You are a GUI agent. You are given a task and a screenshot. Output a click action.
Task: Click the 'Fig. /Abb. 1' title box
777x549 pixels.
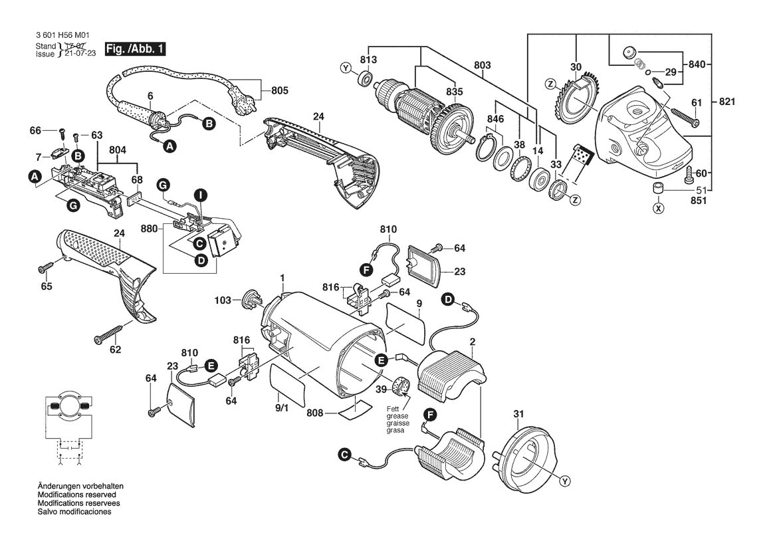pos(135,49)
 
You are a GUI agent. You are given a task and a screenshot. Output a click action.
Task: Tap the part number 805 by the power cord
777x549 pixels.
pos(279,90)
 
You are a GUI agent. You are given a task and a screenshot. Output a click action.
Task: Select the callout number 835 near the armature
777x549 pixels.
pos(454,92)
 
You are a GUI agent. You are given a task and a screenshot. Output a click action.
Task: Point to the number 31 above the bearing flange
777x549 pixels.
pos(518,414)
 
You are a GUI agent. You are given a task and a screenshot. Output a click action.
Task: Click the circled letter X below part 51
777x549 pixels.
pos(658,209)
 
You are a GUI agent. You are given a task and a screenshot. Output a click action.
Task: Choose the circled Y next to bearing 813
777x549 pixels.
pos(346,68)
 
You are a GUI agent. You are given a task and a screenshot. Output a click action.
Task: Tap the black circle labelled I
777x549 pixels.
pos(200,195)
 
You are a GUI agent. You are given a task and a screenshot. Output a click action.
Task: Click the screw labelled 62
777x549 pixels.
pos(108,334)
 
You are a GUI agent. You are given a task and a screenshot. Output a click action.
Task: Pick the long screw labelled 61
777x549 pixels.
pos(683,115)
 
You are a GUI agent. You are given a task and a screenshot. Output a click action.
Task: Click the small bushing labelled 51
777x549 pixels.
pos(657,189)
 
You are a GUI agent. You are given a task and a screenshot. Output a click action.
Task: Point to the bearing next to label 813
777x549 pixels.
pos(366,78)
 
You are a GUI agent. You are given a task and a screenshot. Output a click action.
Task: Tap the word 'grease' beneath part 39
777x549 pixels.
pos(398,416)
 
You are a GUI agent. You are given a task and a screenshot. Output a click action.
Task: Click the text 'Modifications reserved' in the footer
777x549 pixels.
pos(77,494)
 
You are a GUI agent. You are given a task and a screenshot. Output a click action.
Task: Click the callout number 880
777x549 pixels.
pos(149,229)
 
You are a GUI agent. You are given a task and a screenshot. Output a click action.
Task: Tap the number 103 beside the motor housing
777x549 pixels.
pos(223,300)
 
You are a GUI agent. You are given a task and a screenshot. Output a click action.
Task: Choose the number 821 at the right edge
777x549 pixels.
pos(726,102)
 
